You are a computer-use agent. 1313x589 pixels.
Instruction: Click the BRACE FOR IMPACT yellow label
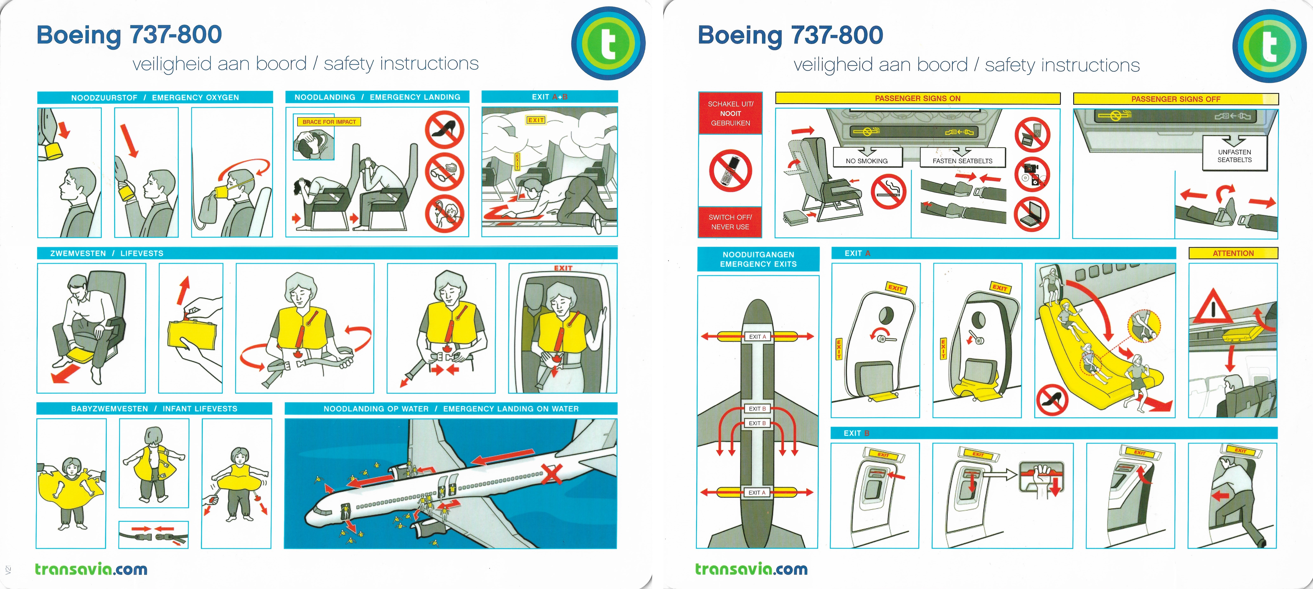pos(329,122)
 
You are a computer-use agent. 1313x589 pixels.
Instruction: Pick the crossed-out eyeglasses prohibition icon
pos(444,172)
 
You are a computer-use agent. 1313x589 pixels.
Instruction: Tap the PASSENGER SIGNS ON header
pos(917,98)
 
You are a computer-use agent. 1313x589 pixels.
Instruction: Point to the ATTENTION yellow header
pos(1233,253)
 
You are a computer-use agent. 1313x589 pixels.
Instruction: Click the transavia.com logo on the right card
pos(751,569)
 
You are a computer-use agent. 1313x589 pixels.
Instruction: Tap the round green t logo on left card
pos(608,43)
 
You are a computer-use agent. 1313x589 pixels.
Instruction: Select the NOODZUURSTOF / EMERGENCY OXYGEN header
pos(155,97)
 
